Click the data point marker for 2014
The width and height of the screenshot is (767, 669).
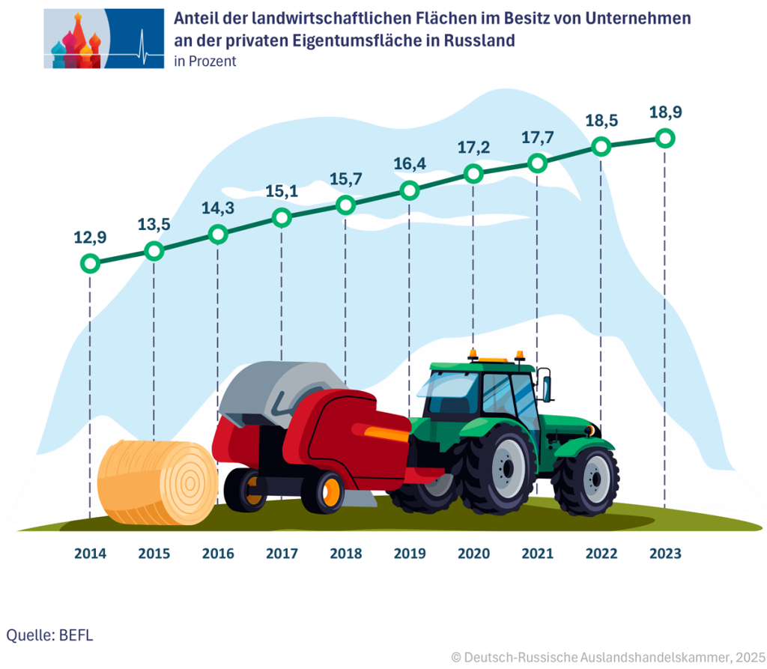[x=90, y=264]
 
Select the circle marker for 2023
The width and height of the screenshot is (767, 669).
[x=664, y=139]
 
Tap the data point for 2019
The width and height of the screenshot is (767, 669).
[x=409, y=190]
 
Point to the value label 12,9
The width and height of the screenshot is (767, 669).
[x=89, y=238]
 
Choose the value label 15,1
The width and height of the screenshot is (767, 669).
[x=282, y=193]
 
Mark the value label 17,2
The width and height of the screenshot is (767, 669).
[x=473, y=148]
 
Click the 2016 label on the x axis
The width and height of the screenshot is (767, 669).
[x=218, y=554]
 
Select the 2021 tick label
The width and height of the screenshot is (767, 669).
[x=537, y=554]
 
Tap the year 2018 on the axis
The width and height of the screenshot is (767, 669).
[x=345, y=554]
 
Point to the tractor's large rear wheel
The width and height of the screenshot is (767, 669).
[x=497, y=469]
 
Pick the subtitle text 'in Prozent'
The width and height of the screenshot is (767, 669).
[x=204, y=62]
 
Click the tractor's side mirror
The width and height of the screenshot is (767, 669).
[x=546, y=384]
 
